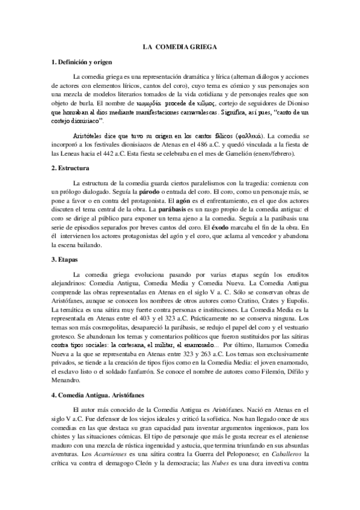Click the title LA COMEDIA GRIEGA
tap(180, 46)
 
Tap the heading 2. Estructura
tap(71, 169)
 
